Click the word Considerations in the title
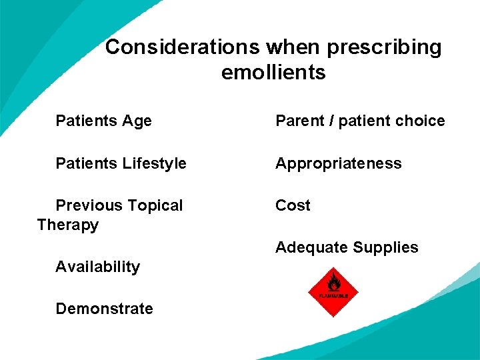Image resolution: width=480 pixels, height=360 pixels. click(183, 47)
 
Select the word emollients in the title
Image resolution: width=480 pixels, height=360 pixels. click(273, 72)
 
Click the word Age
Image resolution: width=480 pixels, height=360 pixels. click(137, 121)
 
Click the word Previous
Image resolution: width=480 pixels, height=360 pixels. click(86, 205)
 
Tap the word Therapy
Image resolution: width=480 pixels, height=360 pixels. click(68, 225)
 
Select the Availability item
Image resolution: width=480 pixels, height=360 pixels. click(97, 267)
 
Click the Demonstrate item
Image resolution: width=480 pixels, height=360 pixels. click(104, 309)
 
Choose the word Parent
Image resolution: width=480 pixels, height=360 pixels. click(299, 121)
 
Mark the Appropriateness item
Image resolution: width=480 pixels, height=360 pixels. click(339, 164)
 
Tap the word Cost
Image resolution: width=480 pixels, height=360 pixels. click(293, 205)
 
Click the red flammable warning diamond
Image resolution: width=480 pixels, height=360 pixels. click(333, 292)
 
